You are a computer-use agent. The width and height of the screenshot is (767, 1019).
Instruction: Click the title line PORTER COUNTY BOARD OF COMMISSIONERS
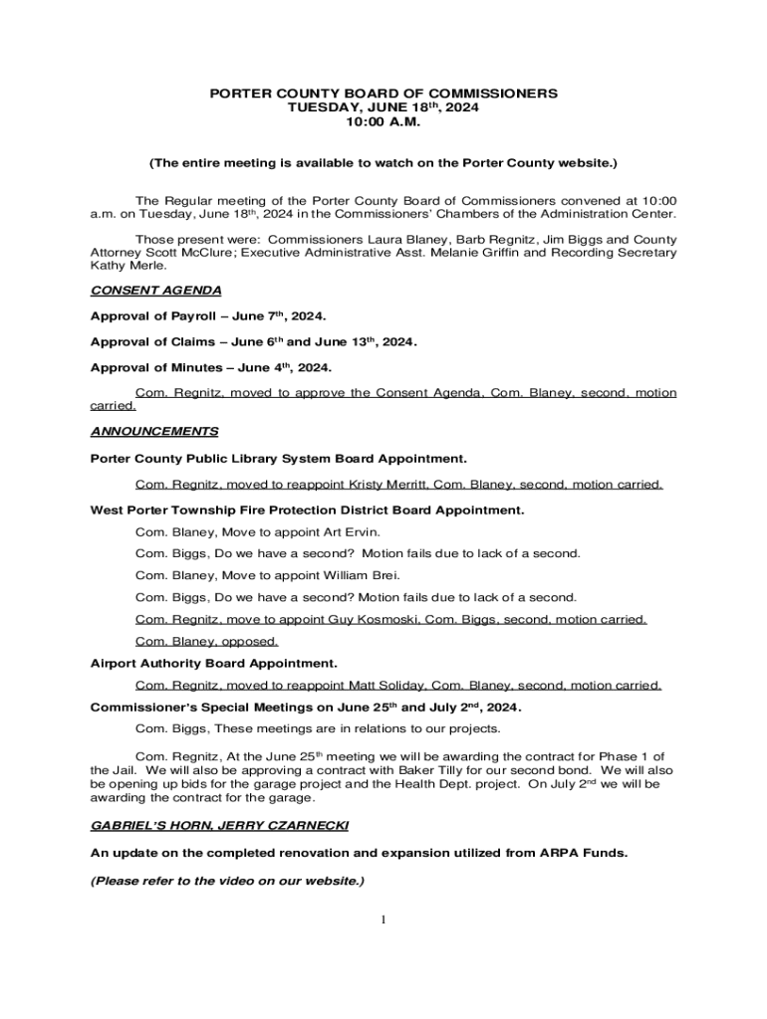coord(383,94)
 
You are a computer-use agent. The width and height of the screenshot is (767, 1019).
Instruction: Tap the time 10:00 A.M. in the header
coord(383,121)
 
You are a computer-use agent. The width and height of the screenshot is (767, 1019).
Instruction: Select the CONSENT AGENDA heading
coord(155,291)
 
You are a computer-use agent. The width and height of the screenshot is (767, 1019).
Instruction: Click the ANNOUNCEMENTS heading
coord(154,432)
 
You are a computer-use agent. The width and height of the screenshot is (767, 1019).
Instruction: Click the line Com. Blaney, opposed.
coord(206,642)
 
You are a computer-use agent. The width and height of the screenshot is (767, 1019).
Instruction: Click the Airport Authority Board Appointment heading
coord(213,663)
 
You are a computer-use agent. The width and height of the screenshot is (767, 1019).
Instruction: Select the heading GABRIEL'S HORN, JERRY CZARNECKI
coord(219,827)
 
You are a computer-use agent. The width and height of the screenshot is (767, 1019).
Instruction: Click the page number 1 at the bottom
coord(383,919)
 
